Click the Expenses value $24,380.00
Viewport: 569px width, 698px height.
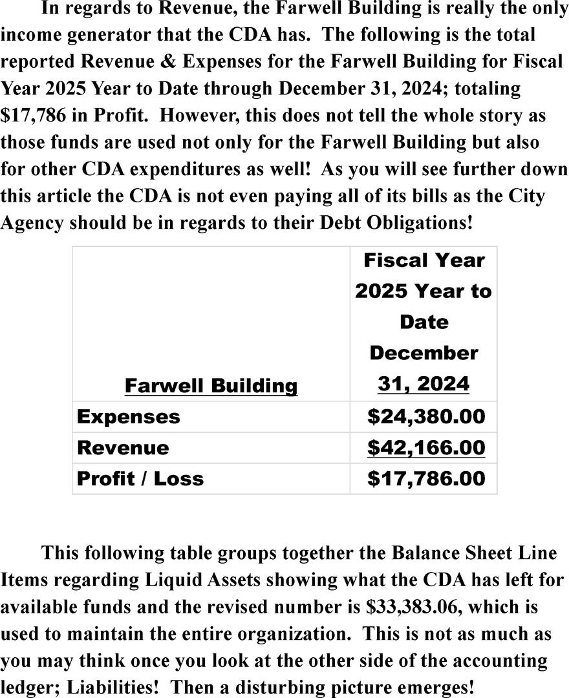point(425,417)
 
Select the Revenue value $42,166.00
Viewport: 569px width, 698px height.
point(425,448)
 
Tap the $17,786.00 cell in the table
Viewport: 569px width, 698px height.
point(425,479)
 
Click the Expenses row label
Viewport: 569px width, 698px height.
point(129,417)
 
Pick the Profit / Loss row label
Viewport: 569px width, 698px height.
point(140,479)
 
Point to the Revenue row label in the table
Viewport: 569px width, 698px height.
point(123,448)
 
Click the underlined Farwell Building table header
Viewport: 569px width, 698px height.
point(211,386)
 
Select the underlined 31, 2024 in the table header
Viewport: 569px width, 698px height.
point(424,385)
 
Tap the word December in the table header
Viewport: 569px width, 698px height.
point(424,354)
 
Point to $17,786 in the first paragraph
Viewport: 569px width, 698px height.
point(35,116)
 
